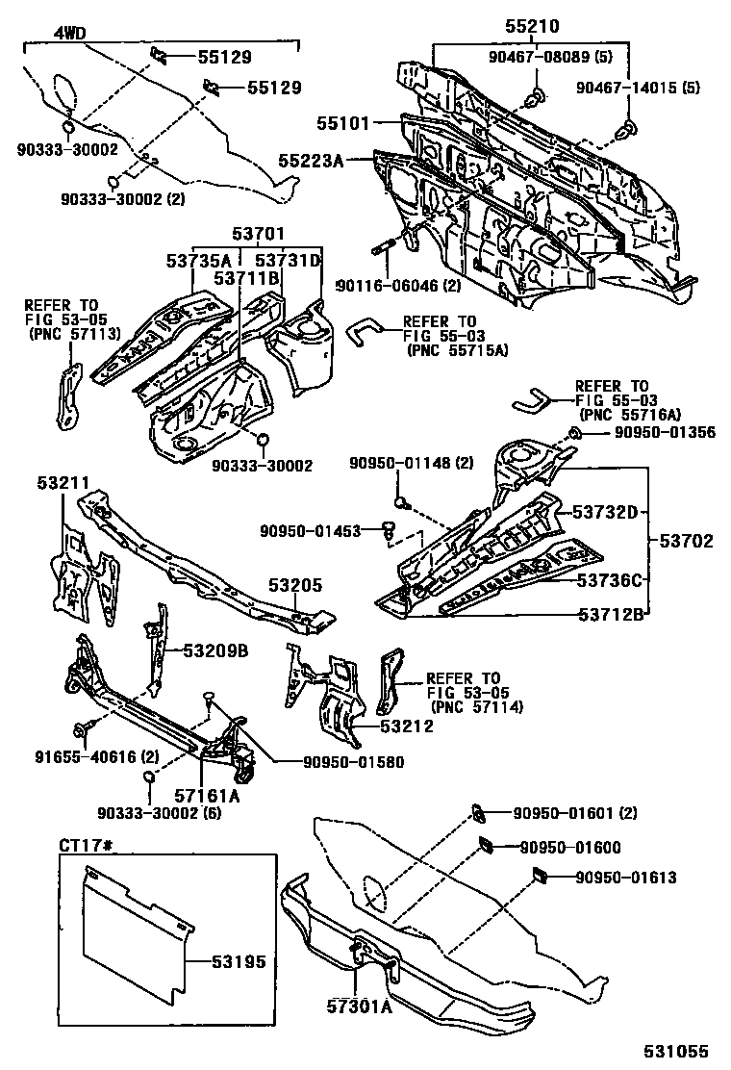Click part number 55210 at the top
coord(532,26)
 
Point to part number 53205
coord(295,584)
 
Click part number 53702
coord(686,542)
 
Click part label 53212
coord(406,726)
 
